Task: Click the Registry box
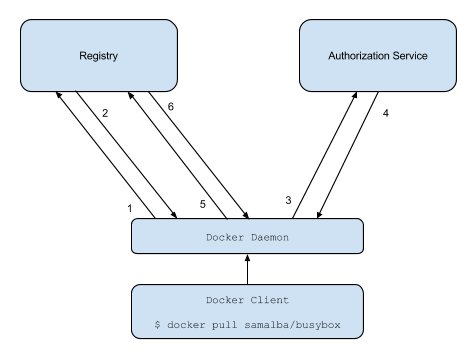(99, 55)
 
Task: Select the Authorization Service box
(378, 55)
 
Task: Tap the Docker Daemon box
(247, 236)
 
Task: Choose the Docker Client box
(247, 311)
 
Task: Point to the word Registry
(99, 56)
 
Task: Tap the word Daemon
(269, 237)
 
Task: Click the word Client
(269, 300)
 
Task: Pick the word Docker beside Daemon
(226, 237)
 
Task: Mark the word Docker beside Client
(226, 300)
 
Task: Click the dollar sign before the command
(158, 325)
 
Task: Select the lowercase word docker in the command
(190, 325)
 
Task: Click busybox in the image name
(333, 325)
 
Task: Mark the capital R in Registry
(83, 56)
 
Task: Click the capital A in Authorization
(332, 56)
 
